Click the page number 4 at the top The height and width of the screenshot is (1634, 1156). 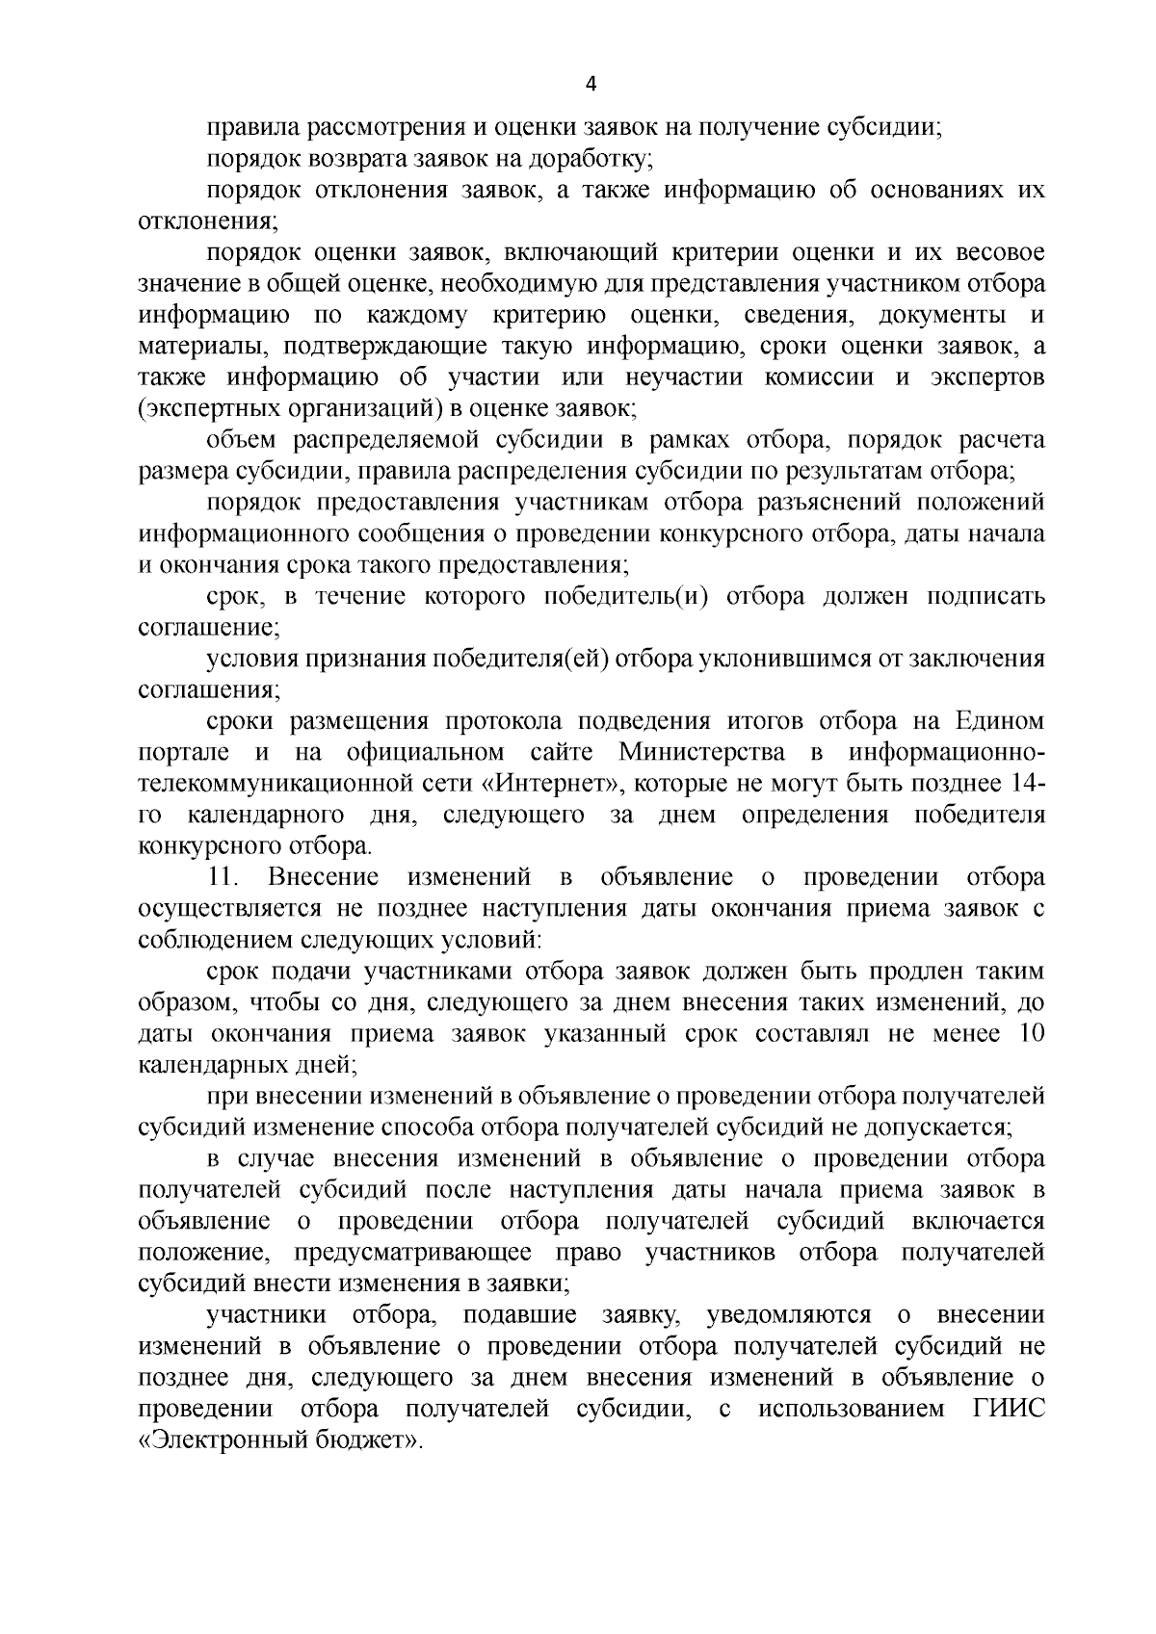pyautogui.click(x=591, y=85)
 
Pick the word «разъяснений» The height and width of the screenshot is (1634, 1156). pyautogui.click(x=838, y=503)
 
